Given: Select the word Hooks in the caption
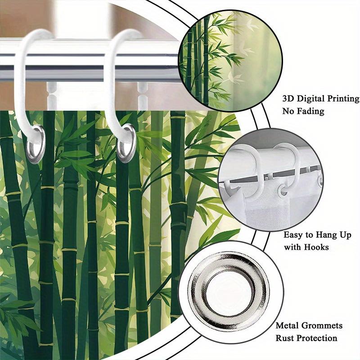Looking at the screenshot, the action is [x=316, y=247].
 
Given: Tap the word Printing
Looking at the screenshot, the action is [x=343, y=99].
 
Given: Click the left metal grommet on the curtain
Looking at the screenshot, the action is [x=36, y=144].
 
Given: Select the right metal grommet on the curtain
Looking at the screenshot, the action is [x=126, y=143].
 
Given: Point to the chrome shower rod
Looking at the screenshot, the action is [x=90, y=60].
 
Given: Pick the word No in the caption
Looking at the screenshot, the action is [x=288, y=111].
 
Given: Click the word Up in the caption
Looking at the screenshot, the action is [x=345, y=235].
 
